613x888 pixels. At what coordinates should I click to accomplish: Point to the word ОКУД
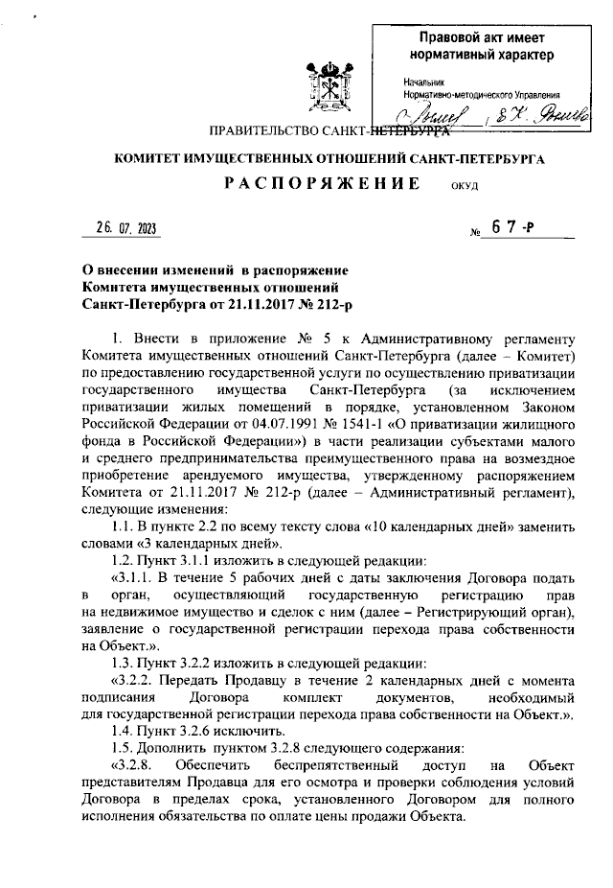point(464,188)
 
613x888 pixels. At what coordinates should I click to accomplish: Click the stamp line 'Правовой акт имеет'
point(488,38)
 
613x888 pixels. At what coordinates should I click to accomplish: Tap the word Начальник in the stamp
point(422,82)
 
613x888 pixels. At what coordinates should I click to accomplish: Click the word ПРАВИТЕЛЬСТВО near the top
point(265,131)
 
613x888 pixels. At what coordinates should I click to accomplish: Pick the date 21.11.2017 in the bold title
point(245,304)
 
